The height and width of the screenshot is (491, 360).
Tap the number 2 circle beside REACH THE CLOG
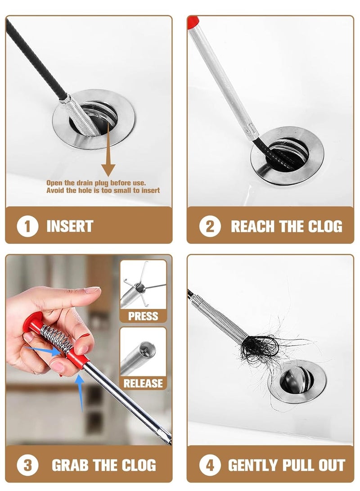(x=210, y=226)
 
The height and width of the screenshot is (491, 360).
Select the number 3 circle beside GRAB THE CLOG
(x=27, y=465)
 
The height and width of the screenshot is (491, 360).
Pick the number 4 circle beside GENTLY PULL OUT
(x=210, y=465)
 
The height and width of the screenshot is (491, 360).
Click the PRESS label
(x=143, y=316)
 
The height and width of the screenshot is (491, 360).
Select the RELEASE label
(x=143, y=383)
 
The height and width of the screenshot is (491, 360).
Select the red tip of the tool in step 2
(x=193, y=21)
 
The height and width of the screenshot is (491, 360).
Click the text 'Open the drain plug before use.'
(x=96, y=183)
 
